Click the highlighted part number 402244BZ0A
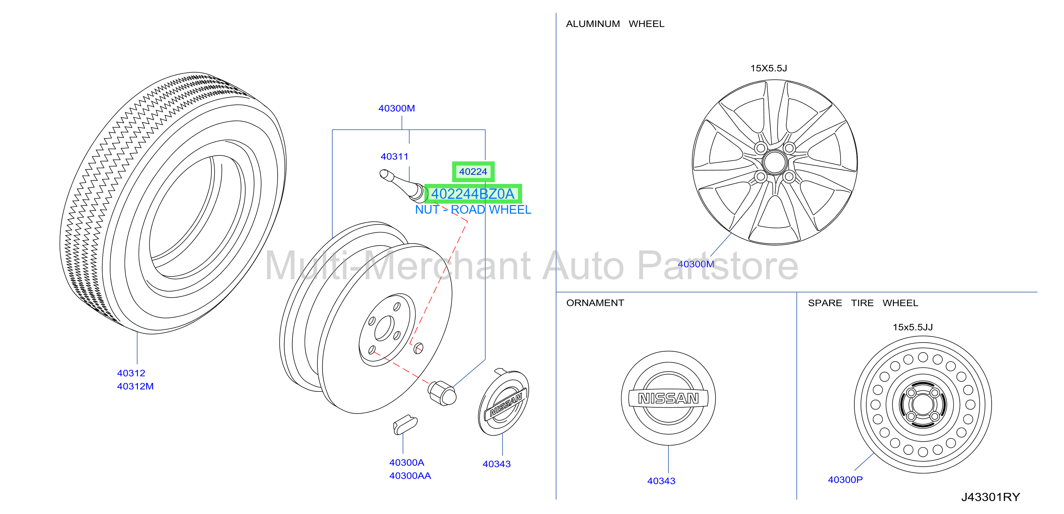[473, 194]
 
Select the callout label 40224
[473, 171]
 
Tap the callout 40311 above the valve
[395, 157]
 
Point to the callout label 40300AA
[410, 476]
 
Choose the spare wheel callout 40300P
[845, 479]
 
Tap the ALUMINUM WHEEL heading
[615, 24]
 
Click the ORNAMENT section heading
[595, 303]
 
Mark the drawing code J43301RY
[991, 497]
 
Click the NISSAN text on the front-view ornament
[668, 398]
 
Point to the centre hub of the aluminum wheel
[774, 162]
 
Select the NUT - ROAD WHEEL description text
[473, 210]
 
